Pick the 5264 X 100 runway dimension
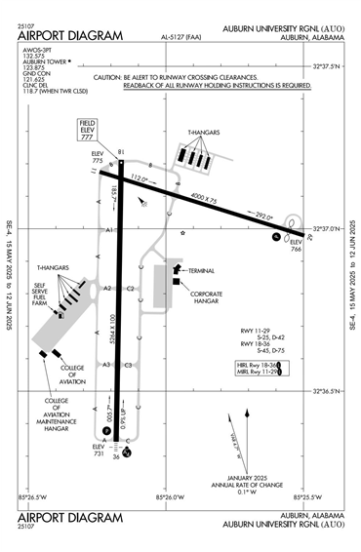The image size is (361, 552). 113,332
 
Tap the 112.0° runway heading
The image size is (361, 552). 145,179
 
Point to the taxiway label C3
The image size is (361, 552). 128,365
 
